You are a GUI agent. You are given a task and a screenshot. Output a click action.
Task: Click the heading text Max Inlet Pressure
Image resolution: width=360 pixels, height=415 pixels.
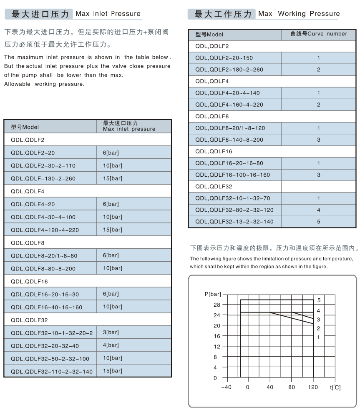(108, 14)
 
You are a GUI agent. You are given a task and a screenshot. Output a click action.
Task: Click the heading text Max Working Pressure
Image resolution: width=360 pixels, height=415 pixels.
(299, 14)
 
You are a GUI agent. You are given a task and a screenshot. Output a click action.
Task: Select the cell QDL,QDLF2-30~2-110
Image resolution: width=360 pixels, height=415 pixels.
(43, 165)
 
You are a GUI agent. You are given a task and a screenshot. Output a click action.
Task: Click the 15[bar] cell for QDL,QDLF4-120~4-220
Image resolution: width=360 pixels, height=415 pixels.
(112, 230)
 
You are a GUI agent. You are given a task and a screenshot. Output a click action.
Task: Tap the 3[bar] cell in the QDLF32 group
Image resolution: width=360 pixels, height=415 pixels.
(111, 332)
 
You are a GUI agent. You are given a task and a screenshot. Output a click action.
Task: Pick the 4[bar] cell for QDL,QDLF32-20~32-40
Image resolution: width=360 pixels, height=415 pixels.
(111, 345)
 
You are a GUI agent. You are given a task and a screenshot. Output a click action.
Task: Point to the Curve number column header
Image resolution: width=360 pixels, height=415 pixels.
(319, 34)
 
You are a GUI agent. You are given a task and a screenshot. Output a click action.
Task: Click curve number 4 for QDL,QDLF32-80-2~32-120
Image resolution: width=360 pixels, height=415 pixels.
(319, 210)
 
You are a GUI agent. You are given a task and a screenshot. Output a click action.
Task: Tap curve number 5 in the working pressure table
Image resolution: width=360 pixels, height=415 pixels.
(319, 222)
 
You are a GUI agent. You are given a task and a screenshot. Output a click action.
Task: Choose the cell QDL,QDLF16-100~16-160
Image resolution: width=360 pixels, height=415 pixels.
(233, 175)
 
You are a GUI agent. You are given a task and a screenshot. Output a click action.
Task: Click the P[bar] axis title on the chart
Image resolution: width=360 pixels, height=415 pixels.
(213, 294)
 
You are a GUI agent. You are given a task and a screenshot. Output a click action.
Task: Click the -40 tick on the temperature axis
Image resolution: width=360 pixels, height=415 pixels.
(227, 387)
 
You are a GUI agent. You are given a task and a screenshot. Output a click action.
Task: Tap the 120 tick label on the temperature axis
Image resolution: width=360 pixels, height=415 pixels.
(313, 387)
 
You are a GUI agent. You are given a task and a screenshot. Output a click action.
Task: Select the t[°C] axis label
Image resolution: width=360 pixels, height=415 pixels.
(335, 387)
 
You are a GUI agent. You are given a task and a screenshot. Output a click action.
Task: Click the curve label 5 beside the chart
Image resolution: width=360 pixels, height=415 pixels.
(318, 300)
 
